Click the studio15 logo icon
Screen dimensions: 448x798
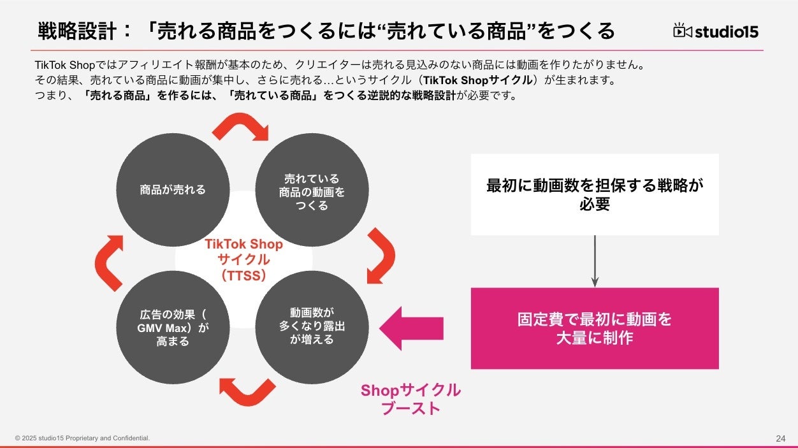(683, 31)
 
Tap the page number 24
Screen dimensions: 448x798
(781, 438)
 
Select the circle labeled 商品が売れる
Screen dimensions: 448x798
(173, 189)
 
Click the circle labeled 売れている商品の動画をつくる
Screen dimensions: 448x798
(312, 191)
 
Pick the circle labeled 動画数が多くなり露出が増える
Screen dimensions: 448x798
(312, 326)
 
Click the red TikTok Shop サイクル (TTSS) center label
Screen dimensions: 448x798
(243, 259)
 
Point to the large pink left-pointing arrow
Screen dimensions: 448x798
(411, 328)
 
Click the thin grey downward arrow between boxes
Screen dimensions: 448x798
(595, 261)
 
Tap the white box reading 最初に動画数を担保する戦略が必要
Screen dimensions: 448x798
(595, 194)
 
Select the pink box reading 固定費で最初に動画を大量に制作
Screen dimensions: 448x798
(595, 328)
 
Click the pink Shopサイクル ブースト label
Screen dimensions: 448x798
(410, 399)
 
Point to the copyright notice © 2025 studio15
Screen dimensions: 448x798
(83, 438)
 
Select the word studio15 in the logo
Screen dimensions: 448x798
(727, 31)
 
